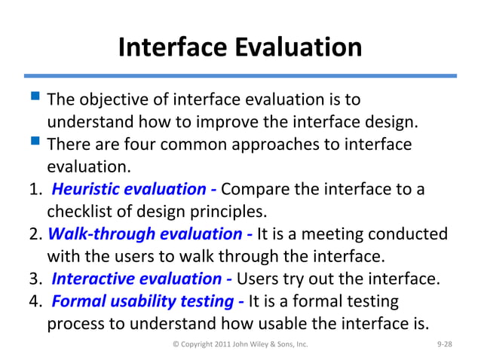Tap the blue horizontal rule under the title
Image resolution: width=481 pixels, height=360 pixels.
(x=240, y=75)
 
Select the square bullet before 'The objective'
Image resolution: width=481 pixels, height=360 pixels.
(x=35, y=99)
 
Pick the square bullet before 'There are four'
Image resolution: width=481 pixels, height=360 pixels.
(x=35, y=143)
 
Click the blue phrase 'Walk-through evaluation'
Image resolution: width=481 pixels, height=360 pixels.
(x=151, y=233)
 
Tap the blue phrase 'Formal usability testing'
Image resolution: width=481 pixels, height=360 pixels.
(x=146, y=301)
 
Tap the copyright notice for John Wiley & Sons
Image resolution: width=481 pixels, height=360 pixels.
(x=240, y=344)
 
